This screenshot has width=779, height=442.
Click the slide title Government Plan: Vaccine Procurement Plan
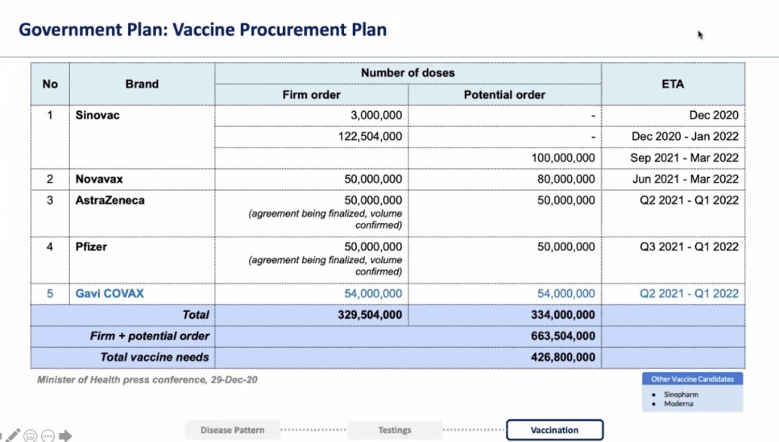[202, 30]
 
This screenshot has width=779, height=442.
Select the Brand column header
[142, 84]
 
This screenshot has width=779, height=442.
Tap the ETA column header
[672, 84]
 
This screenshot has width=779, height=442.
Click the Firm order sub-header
[311, 94]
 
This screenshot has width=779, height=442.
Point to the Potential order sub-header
[504, 94]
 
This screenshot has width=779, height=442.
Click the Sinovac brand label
[97, 116]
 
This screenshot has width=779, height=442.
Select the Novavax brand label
[99, 179]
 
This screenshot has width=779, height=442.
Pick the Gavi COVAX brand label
[110, 294]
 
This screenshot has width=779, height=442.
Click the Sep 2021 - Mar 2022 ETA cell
[685, 158]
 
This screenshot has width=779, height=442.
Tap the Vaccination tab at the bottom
[554, 430]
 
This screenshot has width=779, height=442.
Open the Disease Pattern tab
[233, 430]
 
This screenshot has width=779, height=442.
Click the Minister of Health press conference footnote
[147, 379]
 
